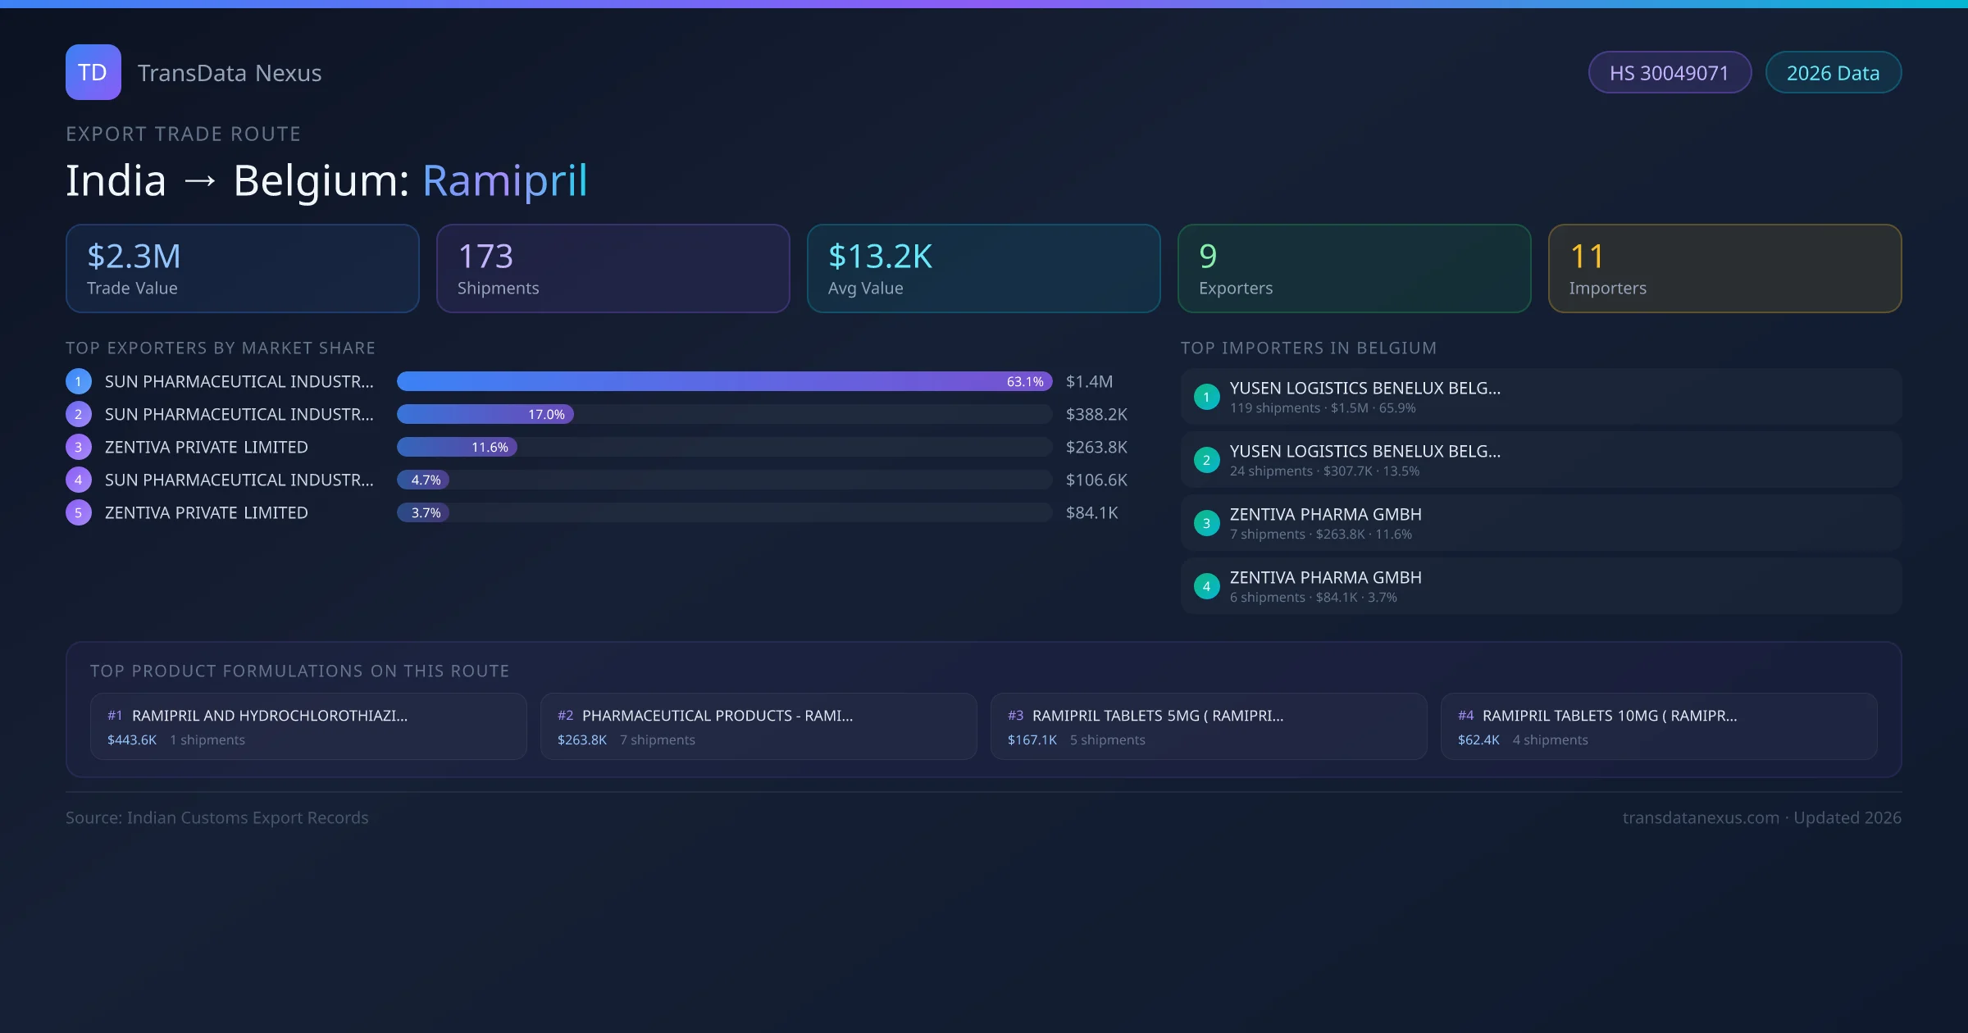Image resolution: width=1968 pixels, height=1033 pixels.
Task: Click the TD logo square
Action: [93, 72]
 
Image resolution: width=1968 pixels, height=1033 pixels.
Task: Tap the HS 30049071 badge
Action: [1669, 73]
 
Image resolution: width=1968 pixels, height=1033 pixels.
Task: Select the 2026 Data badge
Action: [1833, 73]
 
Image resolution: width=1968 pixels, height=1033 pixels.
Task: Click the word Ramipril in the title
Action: [505, 180]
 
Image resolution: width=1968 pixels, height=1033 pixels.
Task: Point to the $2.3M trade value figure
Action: [134, 257]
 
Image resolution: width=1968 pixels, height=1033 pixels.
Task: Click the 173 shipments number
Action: [485, 257]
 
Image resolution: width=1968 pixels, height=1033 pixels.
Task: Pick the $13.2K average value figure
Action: [880, 257]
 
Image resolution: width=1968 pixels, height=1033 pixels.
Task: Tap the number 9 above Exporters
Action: [1208, 257]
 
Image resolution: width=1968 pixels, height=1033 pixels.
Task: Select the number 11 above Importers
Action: [1587, 257]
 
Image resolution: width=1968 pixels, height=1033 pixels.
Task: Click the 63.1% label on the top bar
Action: [1025, 382]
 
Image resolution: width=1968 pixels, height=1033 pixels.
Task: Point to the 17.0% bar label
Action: [546, 415]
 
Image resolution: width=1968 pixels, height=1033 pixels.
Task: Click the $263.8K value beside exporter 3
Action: [1096, 448]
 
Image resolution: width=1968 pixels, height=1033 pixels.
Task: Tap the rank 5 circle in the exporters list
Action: [79, 513]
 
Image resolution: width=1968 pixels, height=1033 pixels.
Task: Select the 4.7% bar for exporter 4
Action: [424, 480]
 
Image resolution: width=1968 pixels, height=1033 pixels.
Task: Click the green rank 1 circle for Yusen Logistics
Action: [1206, 398]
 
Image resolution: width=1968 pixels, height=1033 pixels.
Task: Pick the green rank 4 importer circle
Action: [1206, 587]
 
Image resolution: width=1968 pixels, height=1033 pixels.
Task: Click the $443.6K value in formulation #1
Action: [132, 740]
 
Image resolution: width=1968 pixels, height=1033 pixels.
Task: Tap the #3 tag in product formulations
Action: [1015, 716]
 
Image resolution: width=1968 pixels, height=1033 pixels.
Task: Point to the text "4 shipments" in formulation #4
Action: [1550, 740]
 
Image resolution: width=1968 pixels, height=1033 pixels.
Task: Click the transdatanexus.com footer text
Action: [1701, 818]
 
